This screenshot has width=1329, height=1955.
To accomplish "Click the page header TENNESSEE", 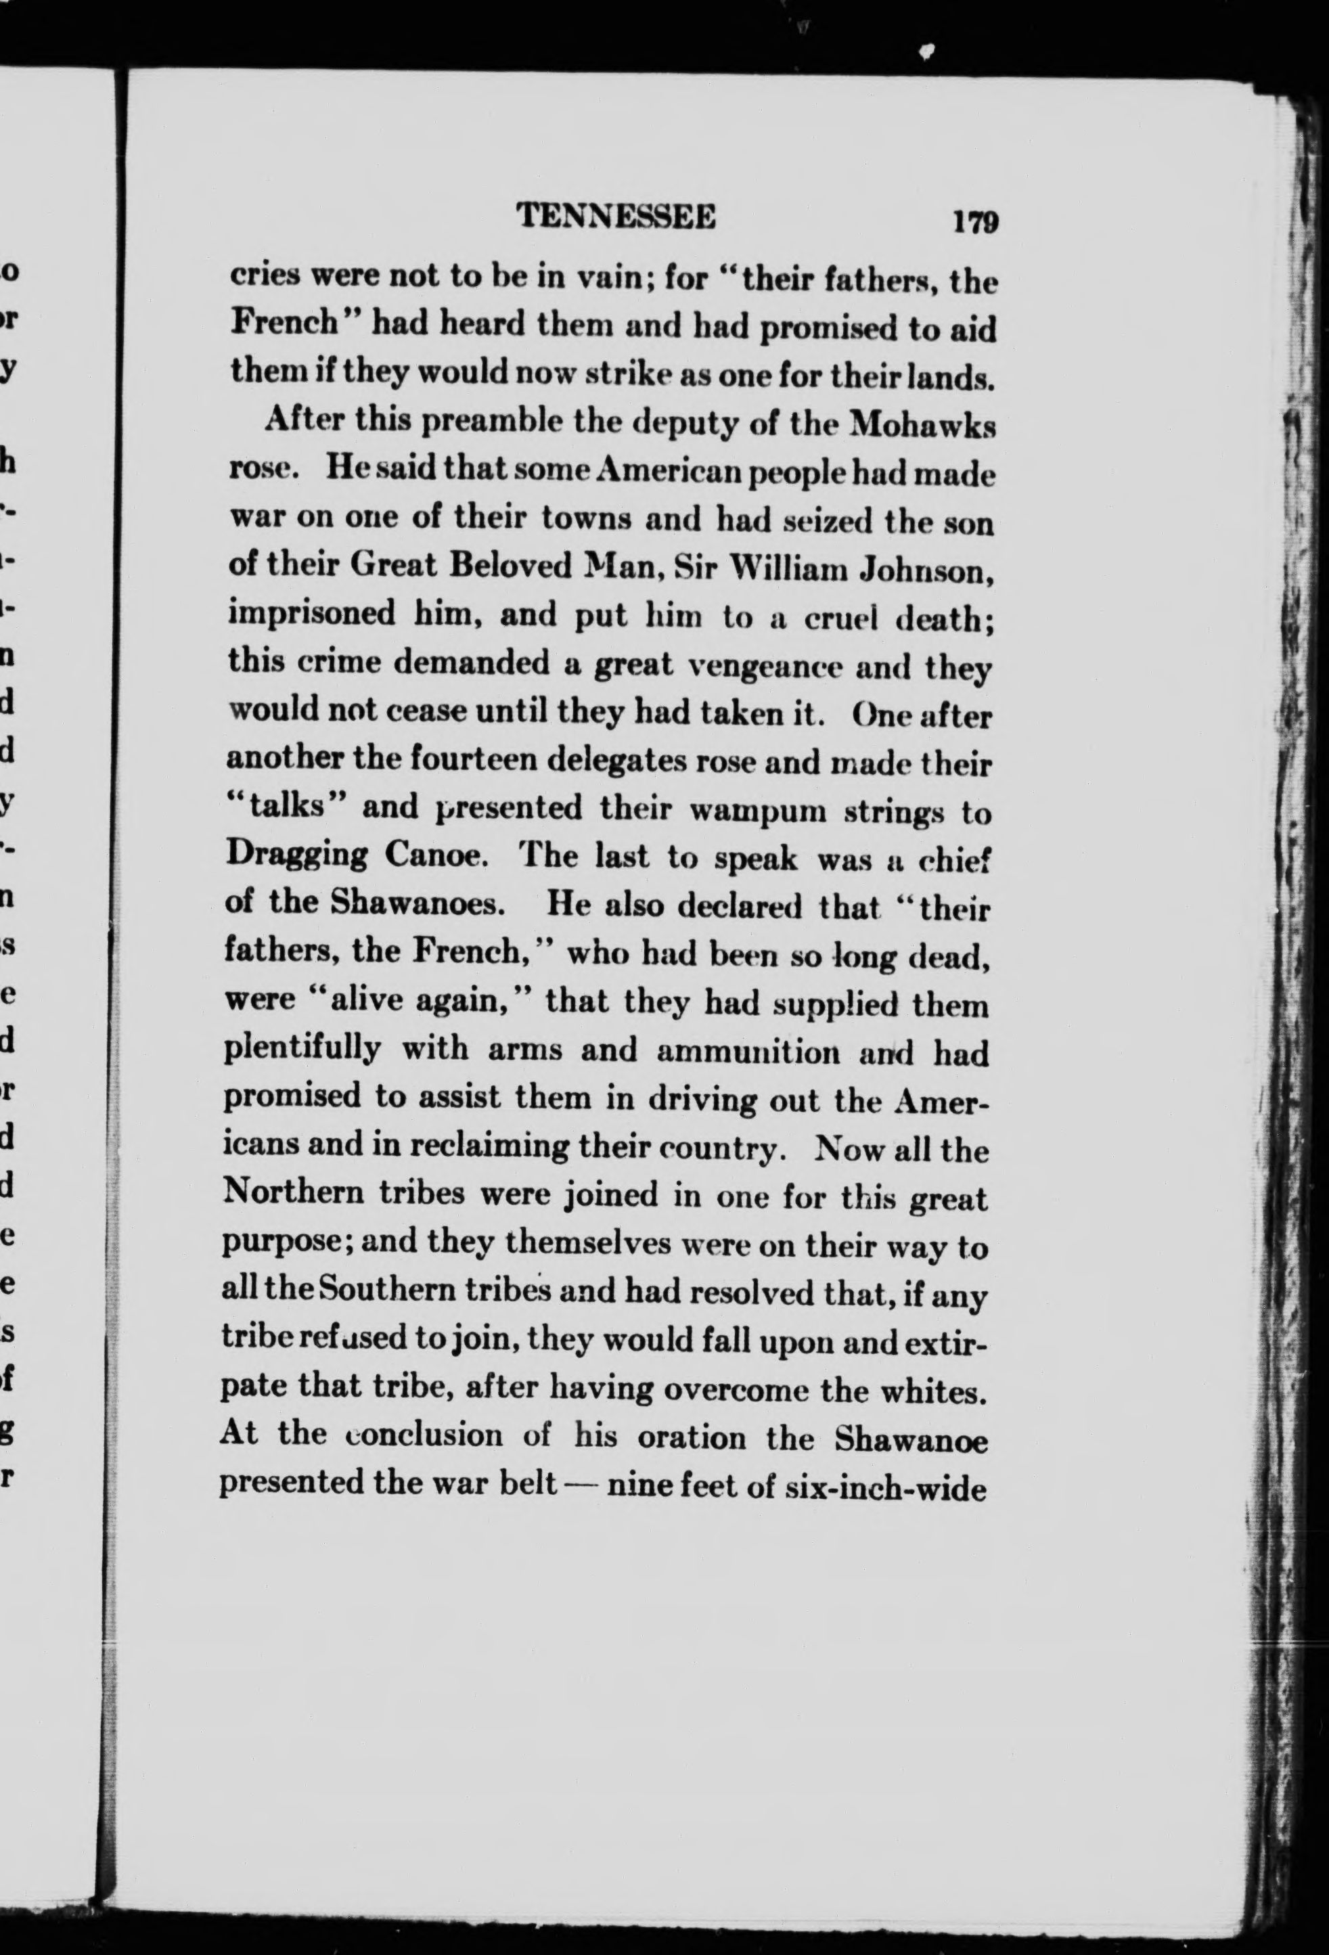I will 616,217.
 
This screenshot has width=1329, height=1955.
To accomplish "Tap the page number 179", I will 976,221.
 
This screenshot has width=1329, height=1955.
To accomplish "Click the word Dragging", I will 297,856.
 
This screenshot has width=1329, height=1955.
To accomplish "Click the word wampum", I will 757,810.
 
